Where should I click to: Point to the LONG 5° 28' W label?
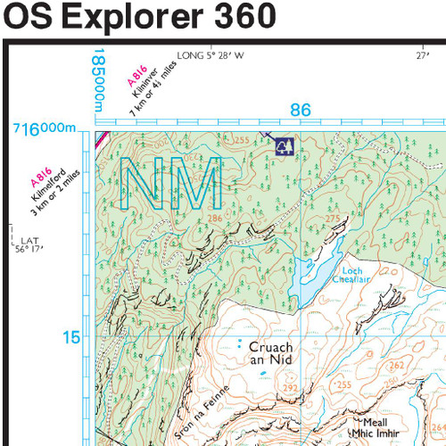pyautogui.click(x=211, y=54)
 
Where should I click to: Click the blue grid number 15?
pyautogui.click(x=71, y=338)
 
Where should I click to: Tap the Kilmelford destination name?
pyautogui.click(x=45, y=189)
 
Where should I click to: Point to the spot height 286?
pyautogui.click(x=214, y=217)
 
